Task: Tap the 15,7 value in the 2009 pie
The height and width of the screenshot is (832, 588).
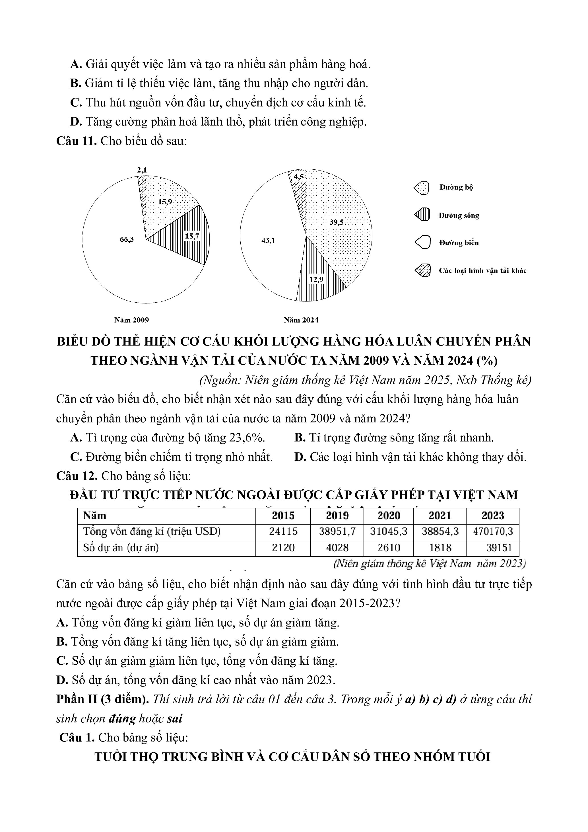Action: coord(192,236)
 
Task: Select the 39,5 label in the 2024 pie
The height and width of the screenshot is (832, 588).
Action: coord(336,223)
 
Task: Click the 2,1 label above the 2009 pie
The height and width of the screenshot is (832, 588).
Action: coord(142,170)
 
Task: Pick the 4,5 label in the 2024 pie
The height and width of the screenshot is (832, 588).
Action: coord(299,177)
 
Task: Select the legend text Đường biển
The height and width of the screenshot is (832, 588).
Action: coord(459,243)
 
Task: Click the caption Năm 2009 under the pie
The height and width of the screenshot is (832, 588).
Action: coord(131,320)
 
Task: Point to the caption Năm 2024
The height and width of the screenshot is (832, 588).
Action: coord(301,320)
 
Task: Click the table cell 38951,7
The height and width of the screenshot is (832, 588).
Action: coord(337,532)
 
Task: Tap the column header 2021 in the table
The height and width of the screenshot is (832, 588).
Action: coord(440,516)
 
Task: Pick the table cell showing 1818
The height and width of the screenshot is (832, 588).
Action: coord(440,548)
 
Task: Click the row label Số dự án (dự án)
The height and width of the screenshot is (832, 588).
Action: coord(121,548)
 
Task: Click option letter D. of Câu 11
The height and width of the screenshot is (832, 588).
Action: coord(300,457)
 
